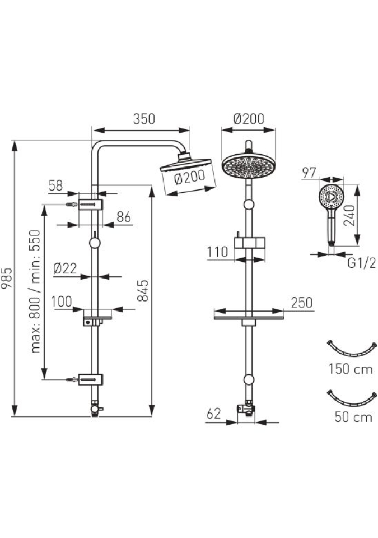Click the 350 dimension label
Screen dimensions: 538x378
click(143, 119)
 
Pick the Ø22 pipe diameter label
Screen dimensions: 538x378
click(65, 269)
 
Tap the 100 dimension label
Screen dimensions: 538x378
click(62, 302)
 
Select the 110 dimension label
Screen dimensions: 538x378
click(217, 252)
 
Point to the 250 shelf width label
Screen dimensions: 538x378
click(301, 303)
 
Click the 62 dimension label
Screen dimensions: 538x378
click(213, 414)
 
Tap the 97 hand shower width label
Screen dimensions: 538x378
click(309, 173)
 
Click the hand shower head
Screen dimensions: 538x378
click(331, 197)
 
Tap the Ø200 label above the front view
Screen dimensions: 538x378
click(248, 119)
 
